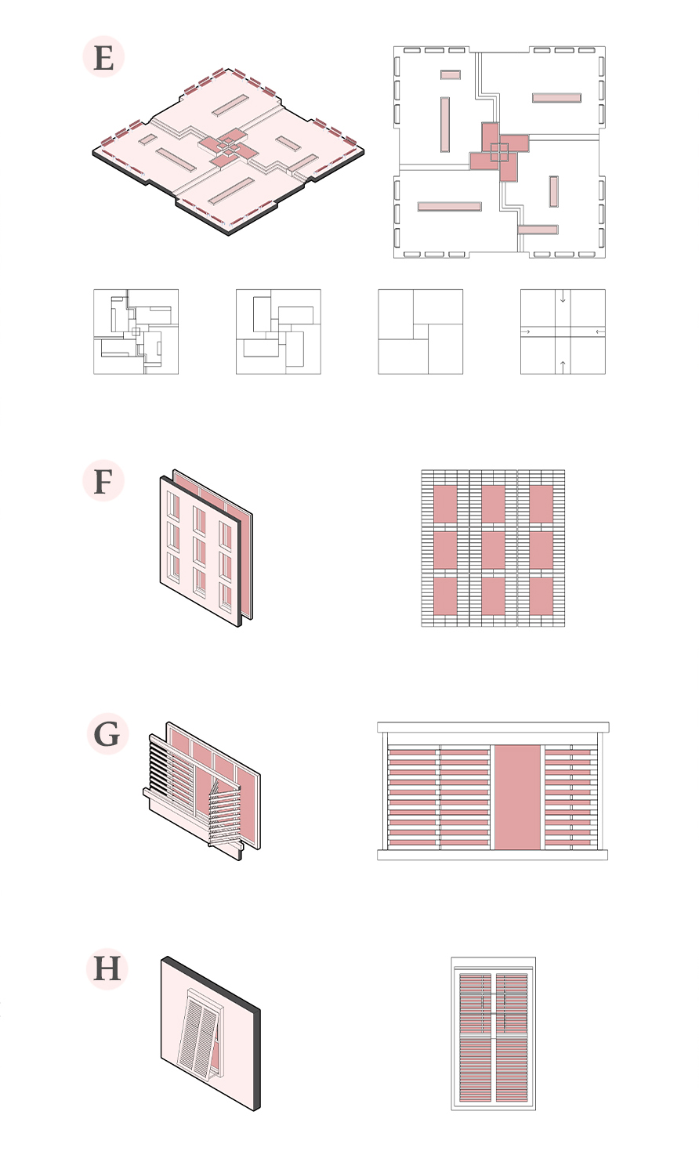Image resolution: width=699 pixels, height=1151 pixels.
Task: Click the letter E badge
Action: (x=103, y=56)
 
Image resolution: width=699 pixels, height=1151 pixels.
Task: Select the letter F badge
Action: (x=103, y=480)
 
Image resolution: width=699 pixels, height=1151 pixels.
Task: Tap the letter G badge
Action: (x=107, y=733)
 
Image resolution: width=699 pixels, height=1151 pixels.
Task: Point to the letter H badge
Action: (x=107, y=968)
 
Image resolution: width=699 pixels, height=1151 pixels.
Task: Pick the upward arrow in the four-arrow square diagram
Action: (x=563, y=367)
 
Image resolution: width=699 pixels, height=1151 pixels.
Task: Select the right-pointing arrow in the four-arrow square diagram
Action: (x=526, y=332)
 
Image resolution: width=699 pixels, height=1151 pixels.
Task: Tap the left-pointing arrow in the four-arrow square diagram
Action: (x=599, y=332)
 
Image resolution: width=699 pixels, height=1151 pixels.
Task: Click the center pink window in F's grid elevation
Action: (x=493, y=550)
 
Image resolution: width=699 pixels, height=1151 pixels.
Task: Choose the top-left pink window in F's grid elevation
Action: (x=445, y=504)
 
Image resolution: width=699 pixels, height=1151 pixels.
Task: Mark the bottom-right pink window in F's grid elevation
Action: (x=541, y=596)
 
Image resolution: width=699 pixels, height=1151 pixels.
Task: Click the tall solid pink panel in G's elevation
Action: (x=518, y=797)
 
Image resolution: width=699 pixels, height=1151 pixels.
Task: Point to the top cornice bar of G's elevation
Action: (x=493, y=727)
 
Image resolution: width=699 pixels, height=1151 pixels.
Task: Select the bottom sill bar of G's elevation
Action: (x=492, y=855)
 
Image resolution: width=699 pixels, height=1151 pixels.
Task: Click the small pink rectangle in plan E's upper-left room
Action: (x=451, y=74)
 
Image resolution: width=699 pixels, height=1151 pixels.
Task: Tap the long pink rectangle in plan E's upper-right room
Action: (x=556, y=98)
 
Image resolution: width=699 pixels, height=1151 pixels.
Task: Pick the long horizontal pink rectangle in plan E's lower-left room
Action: (x=449, y=207)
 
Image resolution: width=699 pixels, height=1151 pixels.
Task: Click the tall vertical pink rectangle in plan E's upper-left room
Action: (x=445, y=125)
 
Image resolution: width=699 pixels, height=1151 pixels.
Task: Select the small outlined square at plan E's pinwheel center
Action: (x=499, y=152)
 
